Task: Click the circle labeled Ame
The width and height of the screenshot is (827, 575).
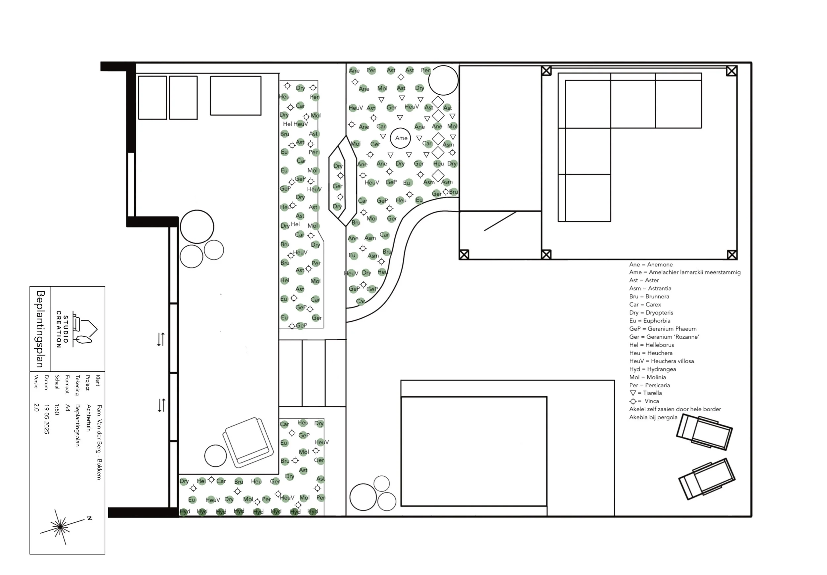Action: (400, 138)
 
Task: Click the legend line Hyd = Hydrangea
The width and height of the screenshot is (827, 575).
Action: (652, 369)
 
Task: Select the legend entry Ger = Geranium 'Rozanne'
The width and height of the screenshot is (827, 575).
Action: (664, 337)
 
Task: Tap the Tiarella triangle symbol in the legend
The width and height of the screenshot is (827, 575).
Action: (632, 393)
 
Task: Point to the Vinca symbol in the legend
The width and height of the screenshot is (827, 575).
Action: (632, 401)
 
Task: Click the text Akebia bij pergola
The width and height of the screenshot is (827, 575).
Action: (653, 417)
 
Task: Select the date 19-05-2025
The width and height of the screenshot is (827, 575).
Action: (46, 419)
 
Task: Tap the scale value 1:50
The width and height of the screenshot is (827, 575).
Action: (57, 409)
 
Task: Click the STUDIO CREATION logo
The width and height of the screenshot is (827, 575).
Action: (77, 329)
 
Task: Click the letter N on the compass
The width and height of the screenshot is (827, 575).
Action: (89, 518)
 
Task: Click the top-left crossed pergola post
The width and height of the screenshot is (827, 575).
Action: (546, 71)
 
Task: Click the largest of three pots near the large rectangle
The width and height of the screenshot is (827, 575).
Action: (363, 497)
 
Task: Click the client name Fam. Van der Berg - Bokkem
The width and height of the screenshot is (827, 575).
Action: (99, 442)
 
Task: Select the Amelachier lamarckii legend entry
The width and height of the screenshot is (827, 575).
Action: (684, 272)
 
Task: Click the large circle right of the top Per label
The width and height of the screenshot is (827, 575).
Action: (443, 80)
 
